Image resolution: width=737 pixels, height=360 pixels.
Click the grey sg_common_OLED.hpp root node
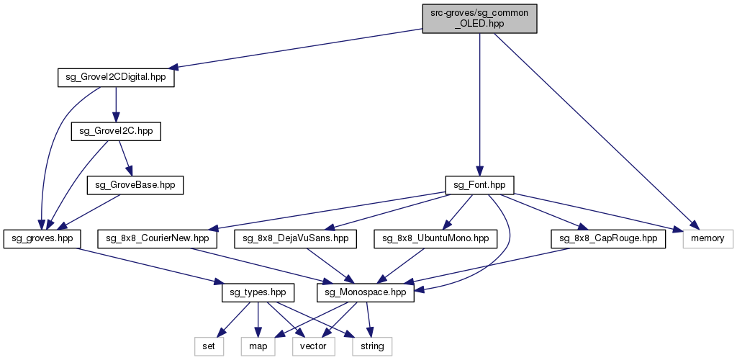pyautogui.click(x=479, y=17)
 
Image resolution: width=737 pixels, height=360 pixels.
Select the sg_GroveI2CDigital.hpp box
pyautogui.click(x=116, y=78)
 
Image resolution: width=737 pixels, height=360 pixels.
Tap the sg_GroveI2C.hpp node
pyautogui.click(x=116, y=131)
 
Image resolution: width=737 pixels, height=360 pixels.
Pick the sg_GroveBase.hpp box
pyautogui.click(x=135, y=184)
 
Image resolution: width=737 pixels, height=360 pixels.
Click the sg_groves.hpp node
pyautogui.click(x=42, y=238)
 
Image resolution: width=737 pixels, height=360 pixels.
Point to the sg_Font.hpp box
pyautogui.click(x=479, y=184)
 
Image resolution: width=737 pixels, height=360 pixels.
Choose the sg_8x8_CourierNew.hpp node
pyautogui.click(x=158, y=238)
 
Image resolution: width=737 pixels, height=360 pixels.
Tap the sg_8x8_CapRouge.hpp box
pyautogui.click(x=608, y=238)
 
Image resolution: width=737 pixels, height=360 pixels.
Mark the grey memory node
pyautogui.click(x=707, y=238)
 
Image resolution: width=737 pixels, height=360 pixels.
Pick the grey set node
pyautogui.click(x=208, y=346)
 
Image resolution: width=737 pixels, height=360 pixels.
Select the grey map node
pyautogui.click(x=258, y=346)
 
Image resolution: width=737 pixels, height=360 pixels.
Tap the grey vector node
pyautogui.click(x=313, y=346)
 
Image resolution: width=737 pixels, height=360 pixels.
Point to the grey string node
pyautogui.click(x=372, y=346)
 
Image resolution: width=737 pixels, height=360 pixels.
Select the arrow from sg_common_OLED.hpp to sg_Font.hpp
pyautogui.click(x=479, y=101)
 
